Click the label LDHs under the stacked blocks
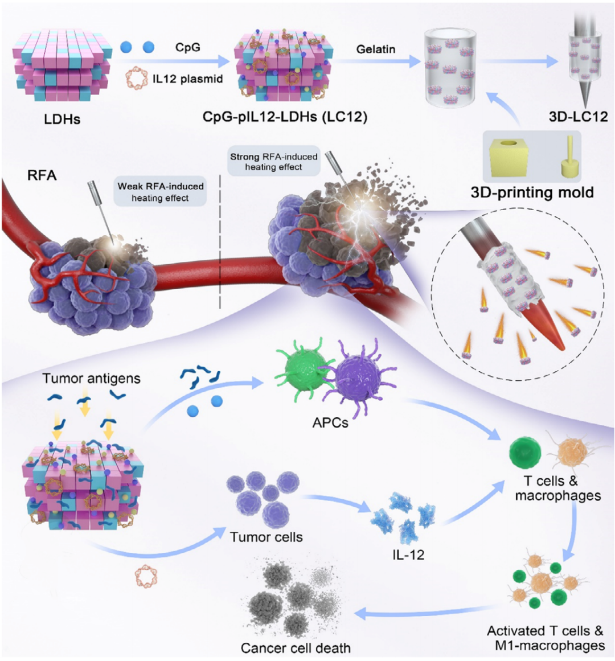click(62, 119)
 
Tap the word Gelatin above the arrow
click(376, 50)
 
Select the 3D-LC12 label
click(579, 116)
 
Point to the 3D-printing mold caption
click(532, 192)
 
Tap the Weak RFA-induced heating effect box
click(160, 191)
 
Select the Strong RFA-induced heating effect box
click(273, 162)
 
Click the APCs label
click(330, 423)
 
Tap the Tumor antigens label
click(91, 379)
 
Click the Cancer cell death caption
click(296, 647)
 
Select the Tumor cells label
click(266, 537)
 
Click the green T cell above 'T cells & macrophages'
click(525, 452)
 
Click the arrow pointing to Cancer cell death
click(426, 611)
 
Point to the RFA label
click(42, 175)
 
